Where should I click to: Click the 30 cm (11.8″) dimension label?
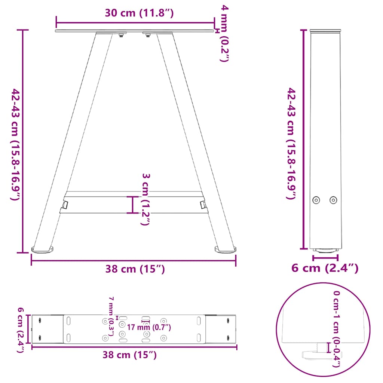(139, 13)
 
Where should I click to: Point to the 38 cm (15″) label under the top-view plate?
(129, 355)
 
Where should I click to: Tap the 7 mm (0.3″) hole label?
(111, 316)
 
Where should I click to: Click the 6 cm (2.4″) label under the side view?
(325, 268)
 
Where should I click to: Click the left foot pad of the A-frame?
(43, 249)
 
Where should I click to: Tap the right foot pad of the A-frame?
(226, 248)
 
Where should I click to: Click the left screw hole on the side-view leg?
(317, 200)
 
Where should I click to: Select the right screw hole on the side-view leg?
(333, 200)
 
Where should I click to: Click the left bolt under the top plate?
(121, 36)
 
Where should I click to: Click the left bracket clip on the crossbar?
(65, 205)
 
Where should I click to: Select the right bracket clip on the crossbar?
(203, 204)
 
